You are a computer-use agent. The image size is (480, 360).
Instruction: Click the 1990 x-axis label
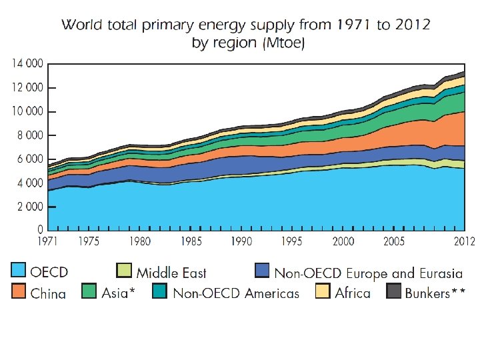click(x=241, y=241)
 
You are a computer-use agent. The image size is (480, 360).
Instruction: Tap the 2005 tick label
click(x=395, y=241)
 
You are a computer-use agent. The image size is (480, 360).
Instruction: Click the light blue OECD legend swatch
click(x=19, y=271)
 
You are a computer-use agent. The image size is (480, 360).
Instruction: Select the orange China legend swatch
click(x=19, y=291)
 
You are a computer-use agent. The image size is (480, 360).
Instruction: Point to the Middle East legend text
click(x=171, y=273)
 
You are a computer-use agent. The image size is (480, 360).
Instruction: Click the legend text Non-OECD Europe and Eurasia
click(x=368, y=273)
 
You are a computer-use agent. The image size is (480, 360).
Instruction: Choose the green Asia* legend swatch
click(x=89, y=291)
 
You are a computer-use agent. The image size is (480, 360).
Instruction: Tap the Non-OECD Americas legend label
click(x=236, y=293)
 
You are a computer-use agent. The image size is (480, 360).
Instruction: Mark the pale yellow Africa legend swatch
click(x=323, y=291)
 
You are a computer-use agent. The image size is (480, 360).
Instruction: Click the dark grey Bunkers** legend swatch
click(x=394, y=291)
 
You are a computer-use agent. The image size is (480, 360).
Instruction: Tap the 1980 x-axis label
click(x=139, y=241)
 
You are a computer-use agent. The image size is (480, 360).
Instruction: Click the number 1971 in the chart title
click(x=349, y=25)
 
